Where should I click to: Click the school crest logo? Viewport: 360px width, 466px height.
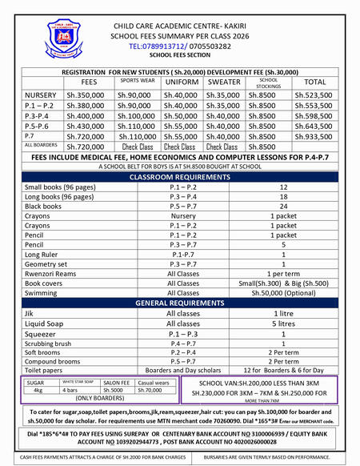pos(67,36)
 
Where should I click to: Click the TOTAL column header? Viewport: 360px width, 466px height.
pos(315,82)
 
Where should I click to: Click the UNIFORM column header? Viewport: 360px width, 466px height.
pos(182,82)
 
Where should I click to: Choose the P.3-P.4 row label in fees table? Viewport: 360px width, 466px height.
pos(39,116)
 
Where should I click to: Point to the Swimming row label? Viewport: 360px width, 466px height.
pos(42,294)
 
